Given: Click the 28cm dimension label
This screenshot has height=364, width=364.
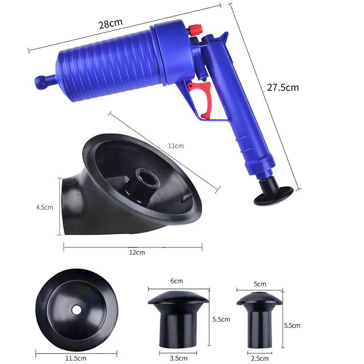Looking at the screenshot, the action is (x=111, y=24).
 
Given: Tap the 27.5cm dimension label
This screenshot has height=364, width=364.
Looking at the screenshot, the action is (x=283, y=87).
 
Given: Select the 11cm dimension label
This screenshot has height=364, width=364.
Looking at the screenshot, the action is (x=176, y=146).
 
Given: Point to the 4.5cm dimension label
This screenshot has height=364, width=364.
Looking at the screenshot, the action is (x=44, y=207).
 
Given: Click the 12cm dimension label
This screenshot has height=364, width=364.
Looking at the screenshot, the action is (x=137, y=253).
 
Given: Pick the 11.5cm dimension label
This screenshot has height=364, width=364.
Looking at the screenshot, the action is (x=76, y=358).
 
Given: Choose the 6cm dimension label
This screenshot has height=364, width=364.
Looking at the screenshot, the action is (x=177, y=281).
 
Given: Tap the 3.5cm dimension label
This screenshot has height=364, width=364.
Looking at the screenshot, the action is (x=178, y=358).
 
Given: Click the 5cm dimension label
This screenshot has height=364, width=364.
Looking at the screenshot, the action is (x=260, y=284).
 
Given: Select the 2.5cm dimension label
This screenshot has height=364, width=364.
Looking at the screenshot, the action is (x=260, y=359).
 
